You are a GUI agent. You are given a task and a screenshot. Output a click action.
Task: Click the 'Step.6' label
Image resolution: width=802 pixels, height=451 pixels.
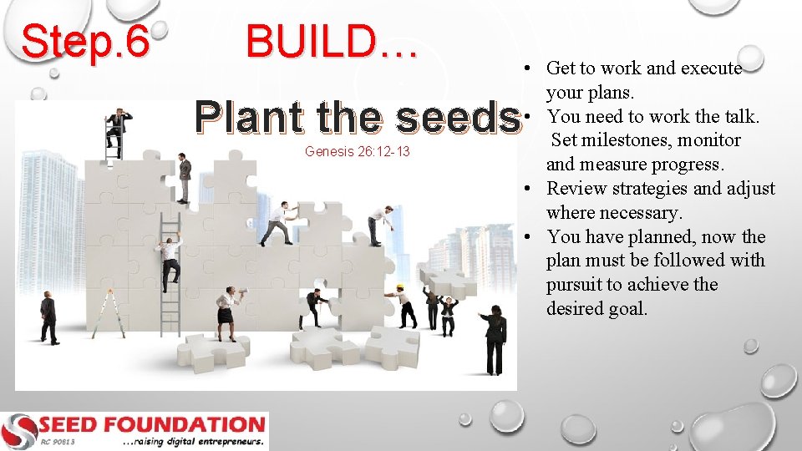(x=85, y=41)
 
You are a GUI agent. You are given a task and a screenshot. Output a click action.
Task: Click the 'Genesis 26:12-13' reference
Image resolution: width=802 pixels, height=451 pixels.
(x=358, y=151)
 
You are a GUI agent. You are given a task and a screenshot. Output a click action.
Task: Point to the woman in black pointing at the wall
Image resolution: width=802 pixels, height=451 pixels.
(x=495, y=338)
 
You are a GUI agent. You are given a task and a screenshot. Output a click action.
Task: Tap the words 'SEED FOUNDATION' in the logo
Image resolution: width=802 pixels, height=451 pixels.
(x=150, y=424)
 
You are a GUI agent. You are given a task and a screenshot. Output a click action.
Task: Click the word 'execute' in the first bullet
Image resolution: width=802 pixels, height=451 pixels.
(x=711, y=68)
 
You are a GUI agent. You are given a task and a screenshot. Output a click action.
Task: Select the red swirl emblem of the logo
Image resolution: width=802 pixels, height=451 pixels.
(x=18, y=431)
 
